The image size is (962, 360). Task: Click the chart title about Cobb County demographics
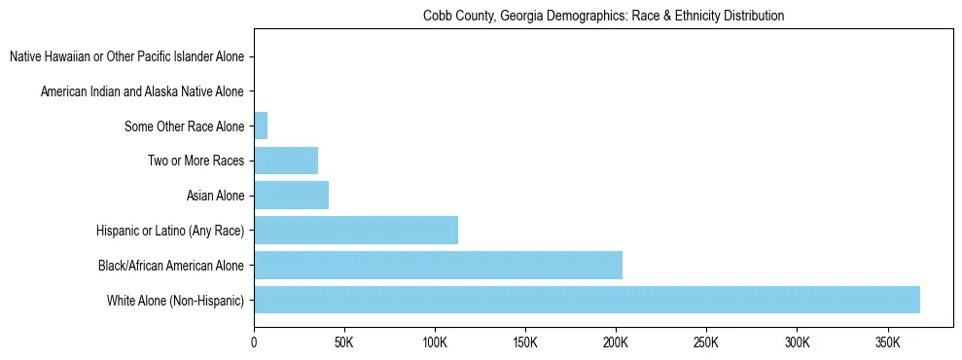tap(603, 17)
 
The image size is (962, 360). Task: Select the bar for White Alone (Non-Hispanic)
tap(587, 300)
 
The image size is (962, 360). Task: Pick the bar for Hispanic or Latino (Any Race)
tap(356, 231)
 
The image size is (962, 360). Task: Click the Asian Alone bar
tap(291, 196)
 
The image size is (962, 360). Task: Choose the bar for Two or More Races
tap(286, 161)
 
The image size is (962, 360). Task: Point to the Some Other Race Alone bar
tap(261, 126)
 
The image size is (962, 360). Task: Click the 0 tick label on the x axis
tap(254, 342)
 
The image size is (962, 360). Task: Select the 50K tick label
tap(344, 342)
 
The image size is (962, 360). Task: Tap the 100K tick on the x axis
tap(435, 342)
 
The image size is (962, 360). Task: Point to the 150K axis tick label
tap(525, 342)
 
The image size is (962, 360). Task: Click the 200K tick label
tap(616, 342)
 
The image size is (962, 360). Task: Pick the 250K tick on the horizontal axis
tap(706, 342)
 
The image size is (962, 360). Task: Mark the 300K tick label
tap(797, 342)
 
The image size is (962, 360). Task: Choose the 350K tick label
tap(887, 342)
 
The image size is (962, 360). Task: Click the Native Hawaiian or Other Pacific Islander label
tap(126, 57)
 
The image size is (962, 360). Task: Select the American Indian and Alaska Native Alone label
tap(142, 92)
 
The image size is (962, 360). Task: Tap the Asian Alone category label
tap(215, 197)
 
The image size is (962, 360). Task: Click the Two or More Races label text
tap(196, 162)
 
